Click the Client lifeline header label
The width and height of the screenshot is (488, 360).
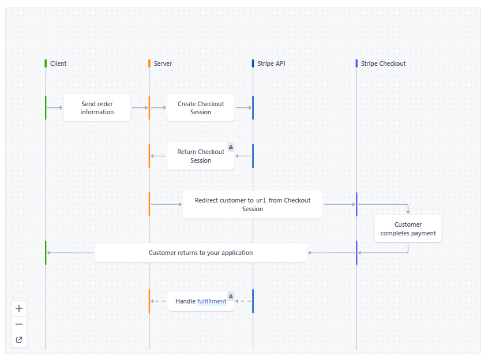click(58, 63)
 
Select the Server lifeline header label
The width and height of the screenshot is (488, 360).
click(162, 63)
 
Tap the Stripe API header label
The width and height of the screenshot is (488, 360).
click(271, 63)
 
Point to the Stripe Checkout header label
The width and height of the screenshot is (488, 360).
click(383, 63)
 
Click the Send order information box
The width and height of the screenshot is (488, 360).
click(97, 108)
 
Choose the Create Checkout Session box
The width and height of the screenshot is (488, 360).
click(201, 108)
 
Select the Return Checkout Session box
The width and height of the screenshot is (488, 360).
click(200, 156)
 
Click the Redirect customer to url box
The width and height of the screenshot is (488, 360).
click(252, 205)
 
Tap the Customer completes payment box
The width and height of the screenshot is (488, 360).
click(408, 229)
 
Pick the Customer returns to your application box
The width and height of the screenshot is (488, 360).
click(200, 253)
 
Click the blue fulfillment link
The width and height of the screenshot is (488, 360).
click(212, 301)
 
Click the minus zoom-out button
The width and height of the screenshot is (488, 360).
click(19, 324)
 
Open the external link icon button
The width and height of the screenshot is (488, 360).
click(19, 340)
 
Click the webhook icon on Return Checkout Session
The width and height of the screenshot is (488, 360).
click(231, 147)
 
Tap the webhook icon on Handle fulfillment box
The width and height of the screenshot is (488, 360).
click(231, 297)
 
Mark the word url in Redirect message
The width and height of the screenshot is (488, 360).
click(261, 201)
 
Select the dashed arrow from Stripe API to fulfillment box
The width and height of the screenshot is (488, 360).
click(243, 301)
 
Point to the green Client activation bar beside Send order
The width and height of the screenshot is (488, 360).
click(46, 108)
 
